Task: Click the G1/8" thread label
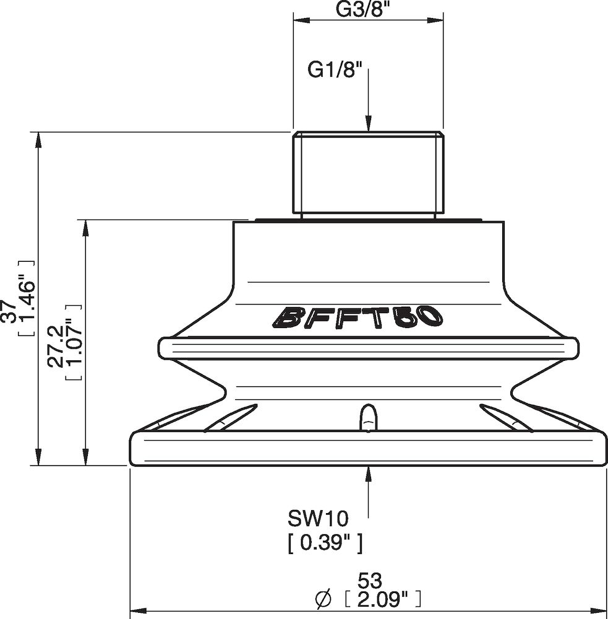click(335, 71)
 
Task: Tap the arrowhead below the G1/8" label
click(368, 123)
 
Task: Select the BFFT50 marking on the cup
click(358, 317)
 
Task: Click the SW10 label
click(318, 518)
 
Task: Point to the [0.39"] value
click(325, 544)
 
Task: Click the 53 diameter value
click(370, 581)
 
